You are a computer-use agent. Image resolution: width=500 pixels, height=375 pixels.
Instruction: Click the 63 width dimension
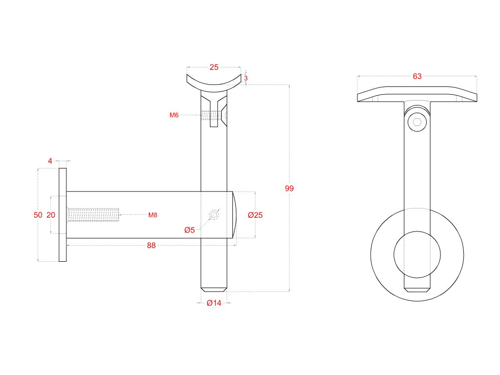417,76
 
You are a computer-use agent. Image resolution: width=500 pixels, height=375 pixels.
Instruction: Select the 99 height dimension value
289,188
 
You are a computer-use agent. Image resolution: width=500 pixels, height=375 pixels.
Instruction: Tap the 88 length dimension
151,246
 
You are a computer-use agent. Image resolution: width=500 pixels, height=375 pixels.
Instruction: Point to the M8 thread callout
153,215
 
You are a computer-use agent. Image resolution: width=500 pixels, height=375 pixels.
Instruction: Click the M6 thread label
174,115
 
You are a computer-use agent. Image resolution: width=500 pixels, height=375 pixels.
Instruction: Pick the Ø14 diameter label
214,303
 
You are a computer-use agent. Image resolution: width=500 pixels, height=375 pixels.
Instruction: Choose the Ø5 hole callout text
189,230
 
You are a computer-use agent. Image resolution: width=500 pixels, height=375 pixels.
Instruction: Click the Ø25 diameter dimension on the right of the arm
255,215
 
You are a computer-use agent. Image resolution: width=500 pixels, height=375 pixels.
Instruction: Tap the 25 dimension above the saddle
214,67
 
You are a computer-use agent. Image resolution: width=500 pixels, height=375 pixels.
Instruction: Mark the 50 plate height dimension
38,215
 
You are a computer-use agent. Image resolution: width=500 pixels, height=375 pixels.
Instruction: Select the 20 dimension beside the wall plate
51,215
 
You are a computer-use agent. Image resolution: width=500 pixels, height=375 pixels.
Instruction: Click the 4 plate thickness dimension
50,160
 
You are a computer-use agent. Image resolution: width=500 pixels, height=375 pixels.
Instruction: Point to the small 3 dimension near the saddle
246,78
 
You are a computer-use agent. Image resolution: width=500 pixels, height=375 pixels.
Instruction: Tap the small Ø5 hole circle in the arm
214,215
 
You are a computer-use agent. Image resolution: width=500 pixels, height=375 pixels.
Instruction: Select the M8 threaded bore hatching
93,215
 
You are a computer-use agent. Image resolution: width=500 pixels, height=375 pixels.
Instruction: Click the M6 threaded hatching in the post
210,116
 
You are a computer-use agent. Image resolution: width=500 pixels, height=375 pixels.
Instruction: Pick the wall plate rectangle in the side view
63,215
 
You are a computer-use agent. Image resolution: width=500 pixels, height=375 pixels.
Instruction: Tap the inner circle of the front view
417,253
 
